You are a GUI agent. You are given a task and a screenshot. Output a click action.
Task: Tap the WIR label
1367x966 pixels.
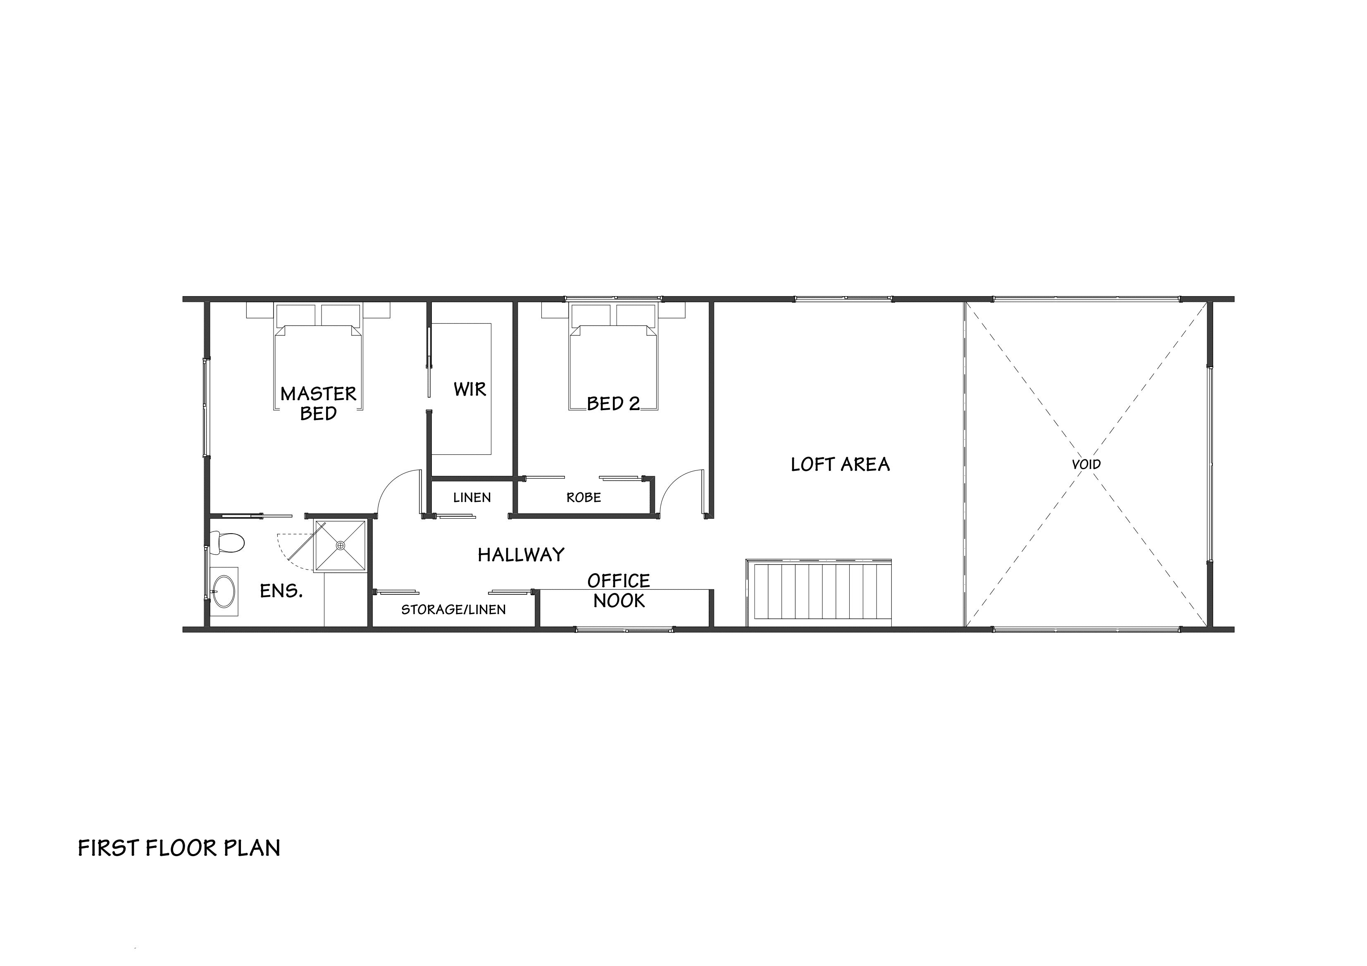[x=470, y=389]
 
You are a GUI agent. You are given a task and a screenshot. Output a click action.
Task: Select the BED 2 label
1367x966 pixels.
[x=613, y=403]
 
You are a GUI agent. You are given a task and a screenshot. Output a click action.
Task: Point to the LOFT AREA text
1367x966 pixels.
[x=840, y=464]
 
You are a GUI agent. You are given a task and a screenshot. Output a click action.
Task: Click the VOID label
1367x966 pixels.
[x=1086, y=464]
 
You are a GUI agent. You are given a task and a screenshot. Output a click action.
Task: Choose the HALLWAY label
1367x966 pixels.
[x=521, y=555]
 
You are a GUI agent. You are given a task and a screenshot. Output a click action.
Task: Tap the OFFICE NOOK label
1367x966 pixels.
[x=619, y=591]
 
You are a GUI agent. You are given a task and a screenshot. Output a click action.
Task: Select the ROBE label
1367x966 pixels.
[x=583, y=498]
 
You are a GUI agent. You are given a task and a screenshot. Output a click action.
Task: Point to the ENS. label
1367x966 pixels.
[x=281, y=591]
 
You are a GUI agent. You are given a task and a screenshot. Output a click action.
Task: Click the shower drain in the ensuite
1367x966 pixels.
[x=341, y=545]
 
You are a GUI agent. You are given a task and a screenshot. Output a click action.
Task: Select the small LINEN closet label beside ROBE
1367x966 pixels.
[x=472, y=498]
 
